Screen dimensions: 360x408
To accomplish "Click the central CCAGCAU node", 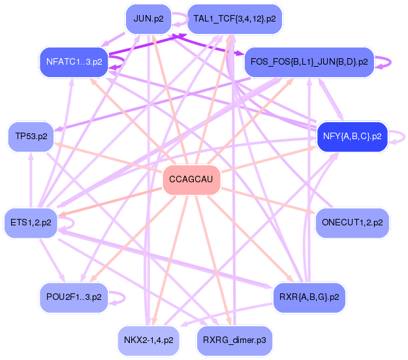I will pos(191,179).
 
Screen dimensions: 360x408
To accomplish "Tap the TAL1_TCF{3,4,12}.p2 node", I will pos(234,19).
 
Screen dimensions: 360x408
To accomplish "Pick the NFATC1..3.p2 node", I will pos(74,62).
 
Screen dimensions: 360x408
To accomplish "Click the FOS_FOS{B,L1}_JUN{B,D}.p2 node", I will pos(309,63).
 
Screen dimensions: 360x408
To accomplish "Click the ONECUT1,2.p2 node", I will pos(353,223).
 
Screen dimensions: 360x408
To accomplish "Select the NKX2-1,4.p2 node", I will pos(148,340).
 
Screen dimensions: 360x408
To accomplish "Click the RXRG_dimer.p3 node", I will pos(234,340).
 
